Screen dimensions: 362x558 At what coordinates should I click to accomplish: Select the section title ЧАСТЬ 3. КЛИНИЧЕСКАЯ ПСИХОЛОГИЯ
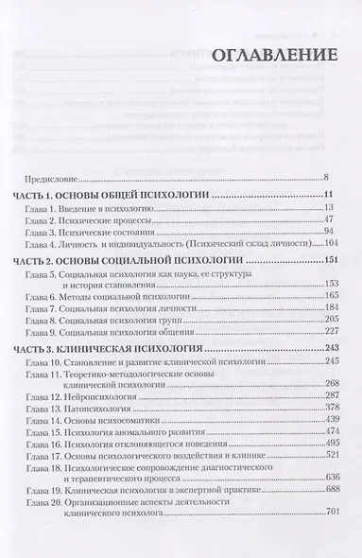coord(111,351)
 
